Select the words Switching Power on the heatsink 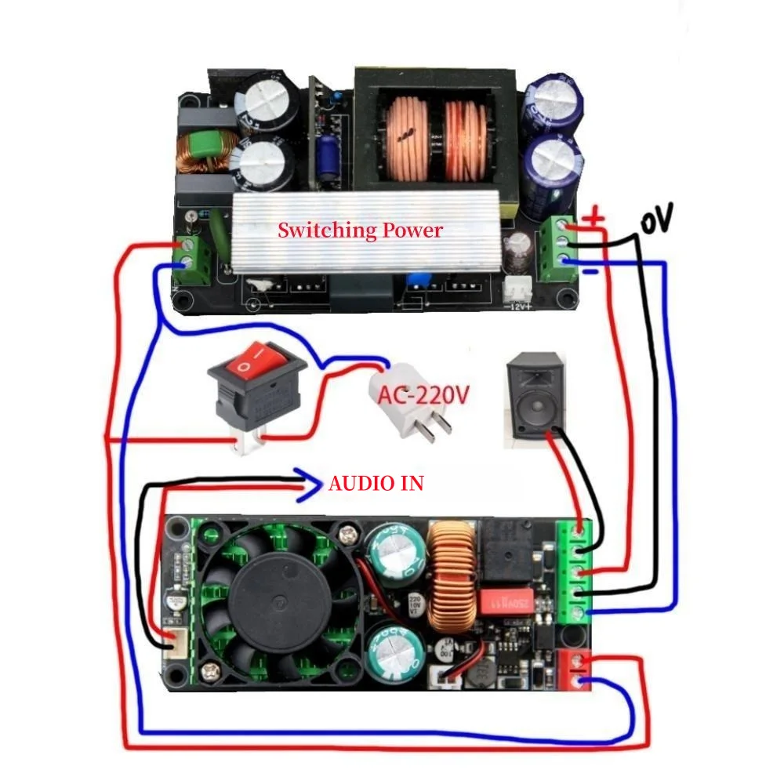coord(360,230)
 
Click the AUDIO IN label coord(376,484)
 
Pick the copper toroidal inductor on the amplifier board coord(452,579)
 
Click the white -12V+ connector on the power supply coord(517,289)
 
